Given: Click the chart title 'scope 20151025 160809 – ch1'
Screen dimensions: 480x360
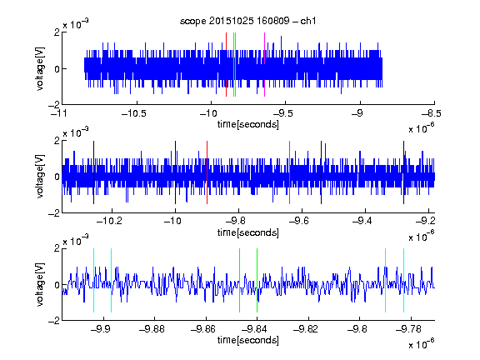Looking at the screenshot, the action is (x=248, y=21).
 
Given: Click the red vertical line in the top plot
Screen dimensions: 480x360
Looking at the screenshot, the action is (x=226, y=65).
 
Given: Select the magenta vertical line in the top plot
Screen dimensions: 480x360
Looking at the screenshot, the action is (x=264, y=65).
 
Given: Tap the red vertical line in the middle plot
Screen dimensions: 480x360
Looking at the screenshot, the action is (x=207, y=172).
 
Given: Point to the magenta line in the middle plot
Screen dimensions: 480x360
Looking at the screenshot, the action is (x=290, y=172).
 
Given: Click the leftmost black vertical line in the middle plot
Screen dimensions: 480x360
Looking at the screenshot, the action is (x=93, y=172).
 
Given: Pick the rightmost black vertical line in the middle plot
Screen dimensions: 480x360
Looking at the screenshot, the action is (x=403, y=172).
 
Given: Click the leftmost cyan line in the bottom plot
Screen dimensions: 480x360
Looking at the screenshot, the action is (x=93, y=280).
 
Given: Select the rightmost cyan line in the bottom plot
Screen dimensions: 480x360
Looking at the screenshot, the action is (x=403, y=280).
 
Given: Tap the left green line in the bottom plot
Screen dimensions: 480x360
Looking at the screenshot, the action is (x=239, y=280).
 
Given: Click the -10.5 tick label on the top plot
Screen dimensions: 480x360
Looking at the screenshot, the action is (x=134, y=114).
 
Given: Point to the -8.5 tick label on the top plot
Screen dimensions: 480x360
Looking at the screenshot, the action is (x=432, y=114).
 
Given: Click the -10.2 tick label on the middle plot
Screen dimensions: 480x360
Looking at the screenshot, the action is (x=109, y=221).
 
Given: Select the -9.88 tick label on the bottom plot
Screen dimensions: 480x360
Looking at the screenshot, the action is (x=152, y=329).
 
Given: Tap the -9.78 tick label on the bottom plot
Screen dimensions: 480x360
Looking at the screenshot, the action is (x=408, y=329).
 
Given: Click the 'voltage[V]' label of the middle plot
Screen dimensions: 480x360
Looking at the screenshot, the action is (x=40, y=177).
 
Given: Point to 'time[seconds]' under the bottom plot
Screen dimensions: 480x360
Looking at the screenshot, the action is (x=248, y=340).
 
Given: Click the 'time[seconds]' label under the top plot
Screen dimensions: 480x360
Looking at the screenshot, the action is (x=248, y=124).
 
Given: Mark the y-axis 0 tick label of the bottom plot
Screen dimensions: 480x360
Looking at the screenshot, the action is (x=57, y=285).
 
